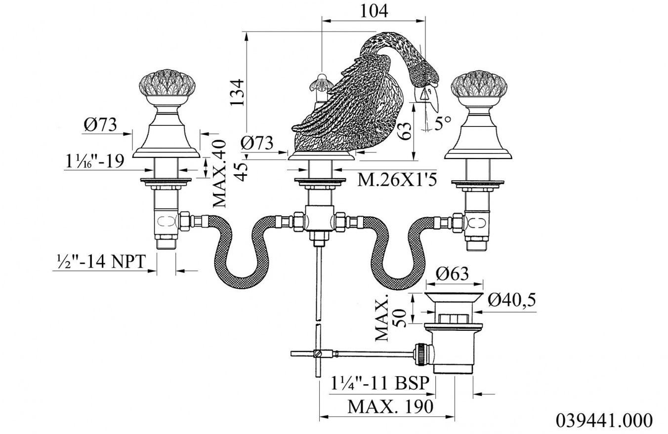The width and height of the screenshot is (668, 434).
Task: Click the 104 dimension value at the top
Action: pyautogui.click(x=375, y=10)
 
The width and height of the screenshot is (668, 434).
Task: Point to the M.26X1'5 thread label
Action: pyautogui.click(x=398, y=181)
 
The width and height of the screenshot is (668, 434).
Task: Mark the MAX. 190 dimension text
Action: pyautogui.click(x=390, y=407)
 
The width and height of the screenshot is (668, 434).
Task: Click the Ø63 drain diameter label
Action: pyautogui.click(x=453, y=274)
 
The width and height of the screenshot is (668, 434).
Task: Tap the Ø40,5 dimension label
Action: pyautogui.click(x=512, y=300)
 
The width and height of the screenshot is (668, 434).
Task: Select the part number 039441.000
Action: pyautogui.click(x=604, y=421)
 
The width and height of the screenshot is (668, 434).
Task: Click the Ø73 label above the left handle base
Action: pyautogui.click(x=100, y=125)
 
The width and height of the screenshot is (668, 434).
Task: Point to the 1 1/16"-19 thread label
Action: pyautogui.click(x=94, y=161)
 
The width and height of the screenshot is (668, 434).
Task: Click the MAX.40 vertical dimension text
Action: pyautogui.click(x=219, y=173)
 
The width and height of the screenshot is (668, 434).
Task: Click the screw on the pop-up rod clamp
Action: pyautogui.click(x=320, y=354)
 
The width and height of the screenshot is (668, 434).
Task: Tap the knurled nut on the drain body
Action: pyautogui.click(x=422, y=354)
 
